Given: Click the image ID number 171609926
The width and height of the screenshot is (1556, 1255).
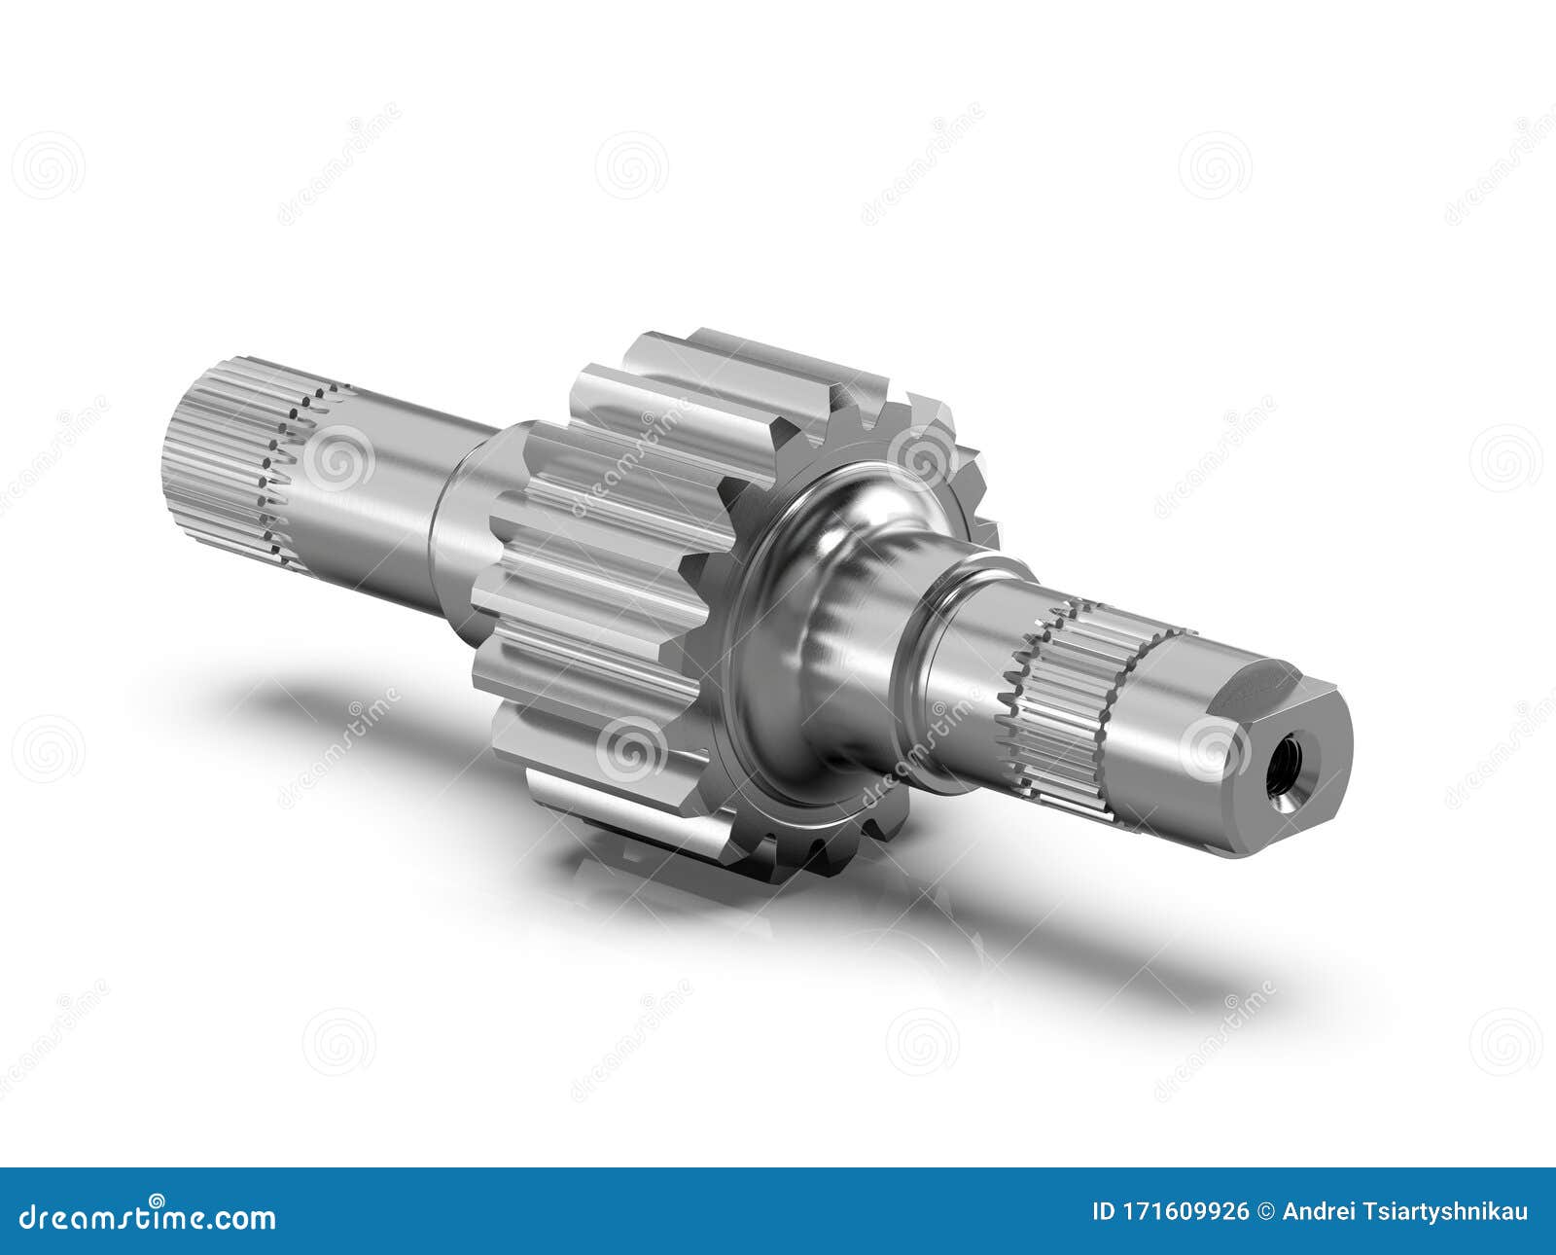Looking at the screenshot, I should (1186, 1212).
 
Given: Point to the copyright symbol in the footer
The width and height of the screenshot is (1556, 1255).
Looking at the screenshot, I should (1265, 1212).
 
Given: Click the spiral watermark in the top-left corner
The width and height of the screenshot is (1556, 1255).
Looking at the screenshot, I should (48, 165).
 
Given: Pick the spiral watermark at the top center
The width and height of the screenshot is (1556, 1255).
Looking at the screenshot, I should (631, 165).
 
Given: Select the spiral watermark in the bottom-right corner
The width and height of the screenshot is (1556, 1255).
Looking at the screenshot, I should (1505, 1041).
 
